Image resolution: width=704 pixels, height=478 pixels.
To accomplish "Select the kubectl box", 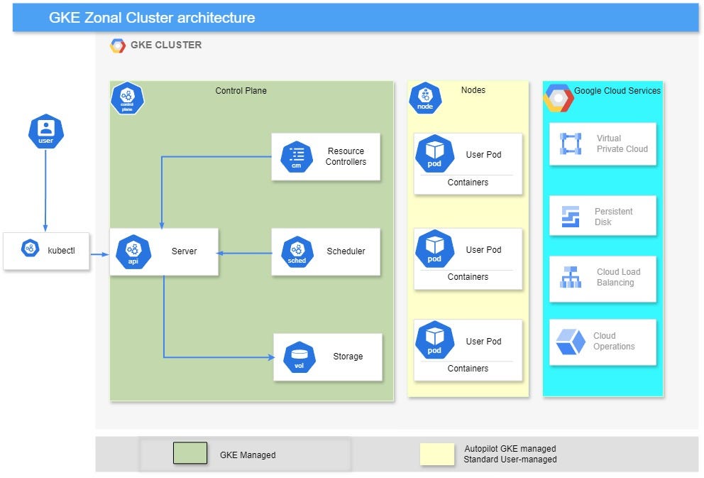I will click(x=47, y=251).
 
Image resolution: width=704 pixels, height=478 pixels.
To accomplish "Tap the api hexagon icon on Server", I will click(x=133, y=251).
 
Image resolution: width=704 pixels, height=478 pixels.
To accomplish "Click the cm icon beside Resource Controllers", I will click(x=297, y=156).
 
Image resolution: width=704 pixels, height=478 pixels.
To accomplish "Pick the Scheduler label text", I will click(x=346, y=251).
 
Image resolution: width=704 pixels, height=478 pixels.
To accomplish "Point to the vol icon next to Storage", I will click(x=299, y=357).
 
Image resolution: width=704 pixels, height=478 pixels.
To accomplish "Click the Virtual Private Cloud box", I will click(x=603, y=144).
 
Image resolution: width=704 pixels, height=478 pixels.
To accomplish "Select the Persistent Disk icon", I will click(x=571, y=216).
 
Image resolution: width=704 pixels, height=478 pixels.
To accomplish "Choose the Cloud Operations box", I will click(x=603, y=342).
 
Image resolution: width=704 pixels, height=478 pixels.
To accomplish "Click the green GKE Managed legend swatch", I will click(x=190, y=453).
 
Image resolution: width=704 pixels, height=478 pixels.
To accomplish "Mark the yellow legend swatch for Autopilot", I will click(x=436, y=455).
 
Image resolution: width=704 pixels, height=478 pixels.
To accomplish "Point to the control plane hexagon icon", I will click(x=127, y=98).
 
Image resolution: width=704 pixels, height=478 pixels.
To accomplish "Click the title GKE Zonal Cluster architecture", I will click(x=152, y=18).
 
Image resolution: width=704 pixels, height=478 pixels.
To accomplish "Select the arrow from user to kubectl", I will click(x=45, y=188).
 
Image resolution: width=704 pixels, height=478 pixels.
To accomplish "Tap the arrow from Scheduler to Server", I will click(x=245, y=252).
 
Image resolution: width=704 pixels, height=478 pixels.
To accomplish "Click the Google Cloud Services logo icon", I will click(x=559, y=99).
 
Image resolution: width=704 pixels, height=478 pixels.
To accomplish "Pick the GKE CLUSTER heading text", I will click(x=165, y=45).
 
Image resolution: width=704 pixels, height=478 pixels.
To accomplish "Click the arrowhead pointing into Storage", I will click(x=270, y=357).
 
